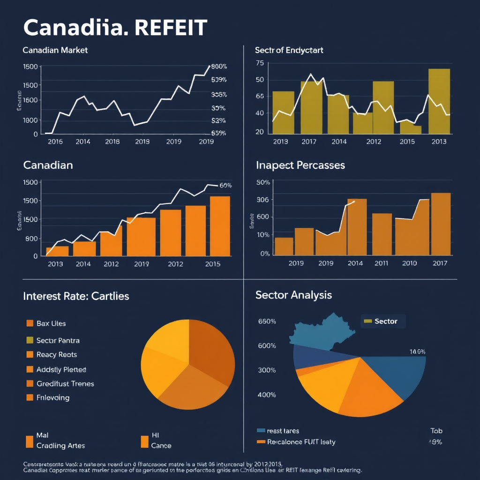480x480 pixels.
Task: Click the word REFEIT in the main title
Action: point(171,28)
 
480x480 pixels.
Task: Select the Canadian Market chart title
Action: point(55,50)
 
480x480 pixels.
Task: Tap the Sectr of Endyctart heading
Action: point(289,50)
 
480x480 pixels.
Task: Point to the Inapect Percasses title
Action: point(300,165)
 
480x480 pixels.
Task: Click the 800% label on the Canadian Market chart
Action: point(219,67)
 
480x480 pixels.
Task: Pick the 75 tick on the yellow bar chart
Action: point(259,63)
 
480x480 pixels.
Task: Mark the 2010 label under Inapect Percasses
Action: point(409,263)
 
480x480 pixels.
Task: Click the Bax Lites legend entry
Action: point(51,323)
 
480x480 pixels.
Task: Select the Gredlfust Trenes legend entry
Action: point(65,383)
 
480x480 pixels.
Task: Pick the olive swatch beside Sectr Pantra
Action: point(30,340)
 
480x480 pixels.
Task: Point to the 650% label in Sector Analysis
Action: point(267,322)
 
